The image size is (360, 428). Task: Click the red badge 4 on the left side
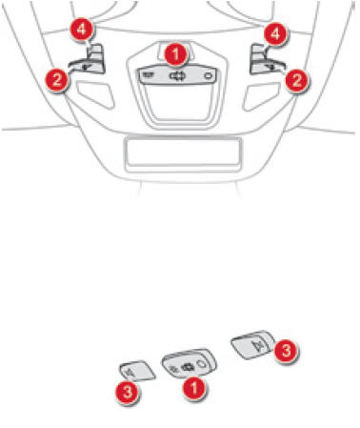pyautogui.click(x=82, y=30)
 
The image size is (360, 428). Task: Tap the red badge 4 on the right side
pyautogui.click(x=275, y=33)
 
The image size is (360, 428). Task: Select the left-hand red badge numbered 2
pyautogui.click(x=57, y=80)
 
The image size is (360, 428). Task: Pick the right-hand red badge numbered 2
pyautogui.click(x=296, y=80)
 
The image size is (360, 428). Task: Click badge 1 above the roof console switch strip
pyautogui.click(x=175, y=54)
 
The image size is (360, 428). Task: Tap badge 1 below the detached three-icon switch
pyautogui.click(x=194, y=388)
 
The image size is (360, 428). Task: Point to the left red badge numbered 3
pyautogui.click(x=128, y=392)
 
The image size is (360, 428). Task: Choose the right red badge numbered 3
pyautogui.click(x=287, y=351)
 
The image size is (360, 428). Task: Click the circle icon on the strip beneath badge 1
pyautogui.click(x=208, y=76)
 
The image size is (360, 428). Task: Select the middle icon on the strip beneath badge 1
pyautogui.click(x=176, y=76)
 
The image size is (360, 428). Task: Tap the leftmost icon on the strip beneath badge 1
pyautogui.click(x=147, y=75)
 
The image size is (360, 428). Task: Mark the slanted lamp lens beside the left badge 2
pyautogui.click(x=96, y=93)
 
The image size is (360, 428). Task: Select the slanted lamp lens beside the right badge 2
pyautogui.click(x=261, y=95)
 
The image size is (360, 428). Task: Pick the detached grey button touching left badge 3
pyautogui.click(x=137, y=371)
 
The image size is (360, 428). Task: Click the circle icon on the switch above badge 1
pyautogui.click(x=202, y=364)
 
